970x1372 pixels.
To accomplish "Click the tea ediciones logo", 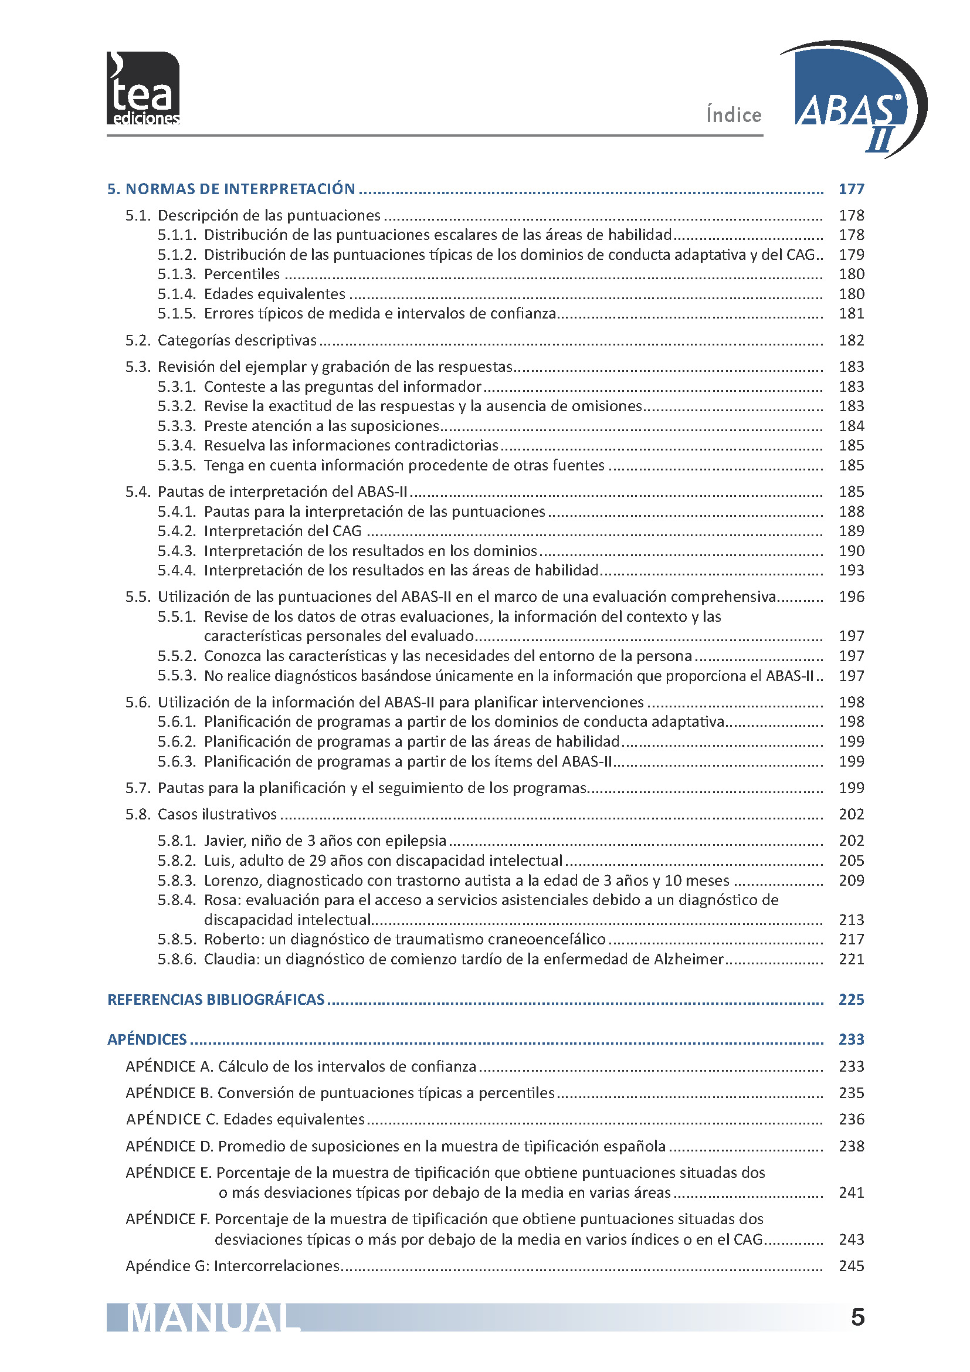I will [x=143, y=89].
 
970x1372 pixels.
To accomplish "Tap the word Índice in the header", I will [x=734, y=114].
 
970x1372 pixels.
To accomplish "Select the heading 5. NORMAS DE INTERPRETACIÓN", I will [x=231, y=189].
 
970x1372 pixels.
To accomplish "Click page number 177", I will [x=851, y=189].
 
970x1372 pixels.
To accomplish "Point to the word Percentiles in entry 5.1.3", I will [x=242, y=275].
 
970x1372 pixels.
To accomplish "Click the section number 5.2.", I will [x=138, y=340].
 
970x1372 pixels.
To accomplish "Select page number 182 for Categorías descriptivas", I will [x=851, y=340].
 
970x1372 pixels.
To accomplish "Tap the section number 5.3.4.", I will [x=177, y=445].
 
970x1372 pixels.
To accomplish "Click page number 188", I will [x=851, y=511].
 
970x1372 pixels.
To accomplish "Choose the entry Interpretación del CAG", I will [x=283, y=531].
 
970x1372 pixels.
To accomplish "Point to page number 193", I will [x=851, y=570].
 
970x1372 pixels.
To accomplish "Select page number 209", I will [x=851, y=880].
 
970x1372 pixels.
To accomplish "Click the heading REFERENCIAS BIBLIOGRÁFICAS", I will [x=216, y=1000].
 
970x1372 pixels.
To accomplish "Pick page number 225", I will [x=851, y=1000].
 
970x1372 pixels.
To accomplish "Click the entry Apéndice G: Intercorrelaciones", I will [x=232, y=1266].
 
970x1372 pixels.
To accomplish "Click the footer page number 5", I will [x=857, y=1317].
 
